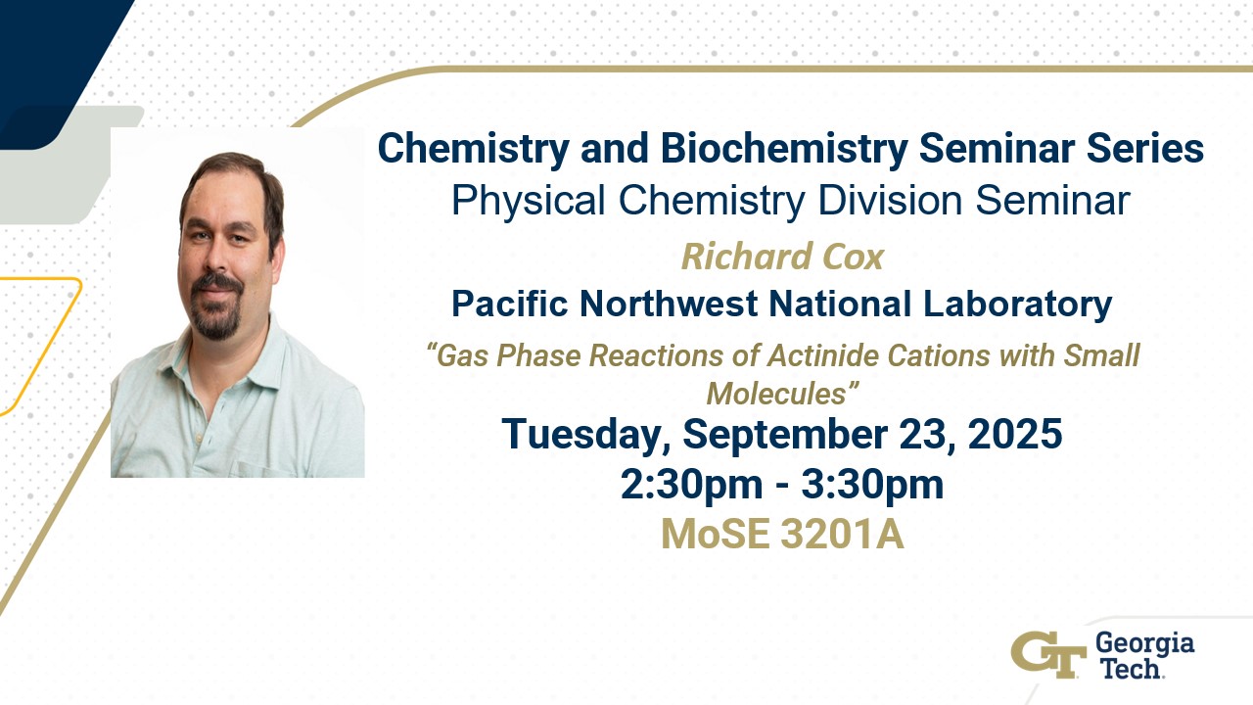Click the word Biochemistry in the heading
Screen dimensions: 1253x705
coord(784,149)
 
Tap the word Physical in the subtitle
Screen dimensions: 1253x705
coord(529,201)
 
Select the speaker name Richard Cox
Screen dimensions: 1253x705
coord(782,257)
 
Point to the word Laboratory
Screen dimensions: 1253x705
coord(1017,305)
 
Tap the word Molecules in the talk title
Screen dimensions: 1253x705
coord(776,394)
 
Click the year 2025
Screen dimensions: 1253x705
coord(1015,434)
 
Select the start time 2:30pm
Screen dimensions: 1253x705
coord(691,485)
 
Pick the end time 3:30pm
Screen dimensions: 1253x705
coord(872,485)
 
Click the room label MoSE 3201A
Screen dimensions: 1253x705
coord(782,535)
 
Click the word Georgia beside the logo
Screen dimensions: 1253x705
coord(1144,644)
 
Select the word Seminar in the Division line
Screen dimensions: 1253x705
coord(1052,201)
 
